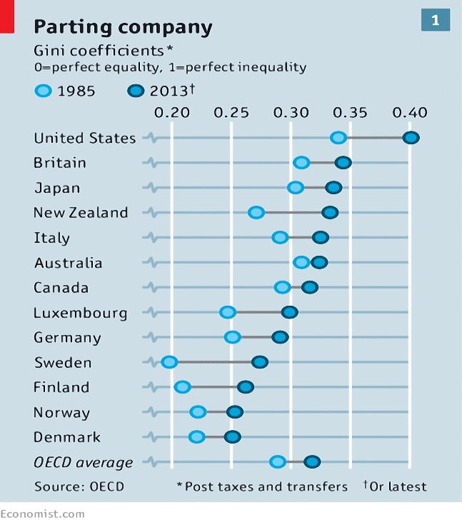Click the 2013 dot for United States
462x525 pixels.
click(x=411, y=138)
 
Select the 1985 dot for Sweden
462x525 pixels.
click(x=169, y=362)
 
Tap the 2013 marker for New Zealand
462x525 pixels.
click(x=330, y=212)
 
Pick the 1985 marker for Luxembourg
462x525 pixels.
click(x=228, y=312)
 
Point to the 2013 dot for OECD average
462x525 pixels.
click(x=312, y=461)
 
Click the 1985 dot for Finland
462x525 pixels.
click(x=183, y=387)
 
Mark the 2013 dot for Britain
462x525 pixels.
click(x=343, y=163)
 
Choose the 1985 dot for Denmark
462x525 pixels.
click(x=197, y=437)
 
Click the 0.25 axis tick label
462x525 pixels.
click(x=231, y=113)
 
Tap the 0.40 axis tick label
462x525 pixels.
click(x=410, y=113)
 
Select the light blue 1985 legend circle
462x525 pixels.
click(x=43, y=91)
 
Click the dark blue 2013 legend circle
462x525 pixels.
click(x=136, y=91)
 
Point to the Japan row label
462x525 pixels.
click(x=57, y=188)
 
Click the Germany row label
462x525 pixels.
click(x=67, y=338)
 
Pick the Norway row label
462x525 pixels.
click(x=62, y=413)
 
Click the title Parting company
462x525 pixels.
click(x=124, y=27)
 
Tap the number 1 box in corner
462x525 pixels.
click(x=435, y=21)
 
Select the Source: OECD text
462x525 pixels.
click(x=79, y=486)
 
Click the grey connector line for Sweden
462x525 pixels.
click(x=214, y=362)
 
